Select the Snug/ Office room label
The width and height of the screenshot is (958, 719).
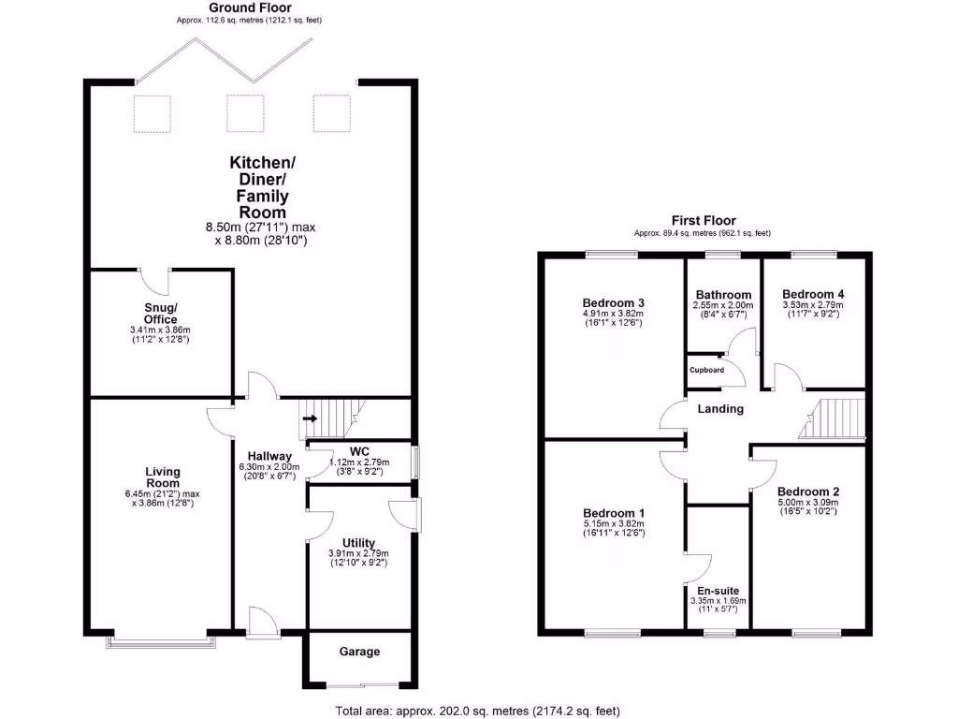pos(160,314)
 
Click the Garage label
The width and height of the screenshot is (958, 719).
pos(359,652)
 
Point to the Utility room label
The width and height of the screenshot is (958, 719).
pos(358,543)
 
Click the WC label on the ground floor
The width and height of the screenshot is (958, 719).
pos(359,450)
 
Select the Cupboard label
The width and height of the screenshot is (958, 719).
pos(707,370)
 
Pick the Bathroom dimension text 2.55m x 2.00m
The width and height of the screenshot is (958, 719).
pos(721,305)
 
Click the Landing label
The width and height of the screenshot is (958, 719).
pos(721,409)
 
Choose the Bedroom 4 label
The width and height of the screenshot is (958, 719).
pos(812,293)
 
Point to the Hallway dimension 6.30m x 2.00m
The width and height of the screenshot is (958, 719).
pos(268,466)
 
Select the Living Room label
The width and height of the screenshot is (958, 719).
pos(163,477)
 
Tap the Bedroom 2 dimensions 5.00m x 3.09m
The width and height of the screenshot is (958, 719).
pos(809,503)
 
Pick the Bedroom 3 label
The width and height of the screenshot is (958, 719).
pos(613,303)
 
